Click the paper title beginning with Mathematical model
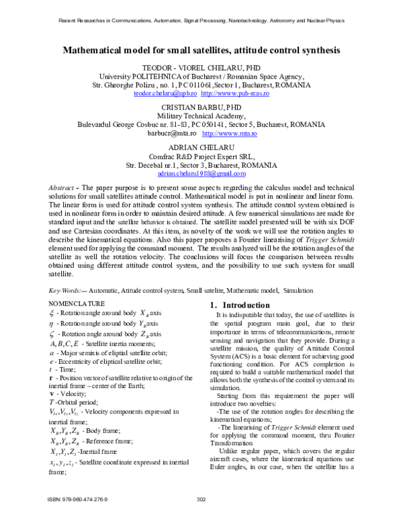click(201, 50)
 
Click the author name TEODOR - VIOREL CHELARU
click(201, 68)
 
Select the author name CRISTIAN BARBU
click(201, 108)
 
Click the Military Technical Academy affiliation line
click(201, 116)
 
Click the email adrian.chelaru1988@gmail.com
click(201, 173)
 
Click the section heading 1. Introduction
click(236, 306)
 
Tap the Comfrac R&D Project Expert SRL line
click(201, 156)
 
